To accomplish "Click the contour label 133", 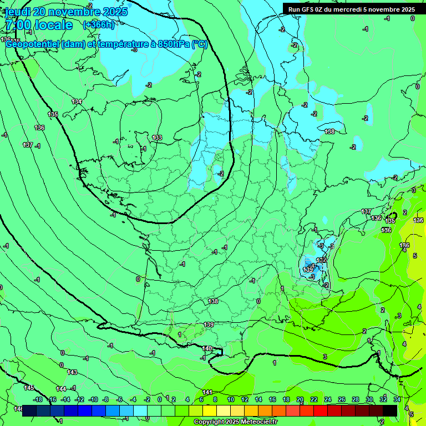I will click(x=157, y=138).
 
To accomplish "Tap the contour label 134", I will click(x=77, y=102).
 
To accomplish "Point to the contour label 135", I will click(x=53, y=114).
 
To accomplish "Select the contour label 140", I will click(x=207, y=348).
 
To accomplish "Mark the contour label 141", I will click(x=207, y=392).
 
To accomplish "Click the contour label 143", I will click(x=72, y=372).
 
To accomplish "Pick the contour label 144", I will click(x=61, y=388).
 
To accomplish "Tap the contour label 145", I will click(x=29, y=387).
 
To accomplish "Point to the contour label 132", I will click(x=321, y=260).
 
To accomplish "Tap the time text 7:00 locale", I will click(x=39, y=25).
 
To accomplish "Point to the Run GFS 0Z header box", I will click(x=351, y=9).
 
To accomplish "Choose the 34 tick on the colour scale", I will click(x=397, y=399).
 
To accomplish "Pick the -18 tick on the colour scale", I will click(x=38, y=399).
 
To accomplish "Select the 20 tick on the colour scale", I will click(x=300, y=399).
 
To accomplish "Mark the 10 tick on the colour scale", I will click(x=231, y=399).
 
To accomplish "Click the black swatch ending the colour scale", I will click(x=390, y=410).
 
